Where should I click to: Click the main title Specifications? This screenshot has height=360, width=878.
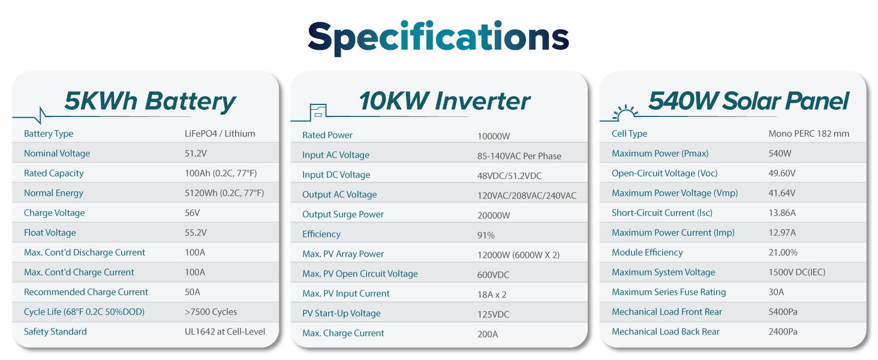[x=438, y=38]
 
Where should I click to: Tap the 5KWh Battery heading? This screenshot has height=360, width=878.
[x=150, y=101]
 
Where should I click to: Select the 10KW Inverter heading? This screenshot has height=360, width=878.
[x=444, y=101]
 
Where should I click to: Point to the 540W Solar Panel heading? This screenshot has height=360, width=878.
[x=748, y=101]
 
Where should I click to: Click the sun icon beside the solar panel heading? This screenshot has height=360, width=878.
[x=625, y=113]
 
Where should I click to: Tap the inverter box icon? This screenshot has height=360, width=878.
[x=318, y=112]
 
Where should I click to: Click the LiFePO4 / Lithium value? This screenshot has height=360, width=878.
[x=220, y=134]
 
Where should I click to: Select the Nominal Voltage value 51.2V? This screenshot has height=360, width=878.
[x=196, y=154]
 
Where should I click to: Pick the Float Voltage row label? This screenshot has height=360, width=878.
[x=50, y=233]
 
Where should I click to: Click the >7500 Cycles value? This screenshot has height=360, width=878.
[x=211, y=312]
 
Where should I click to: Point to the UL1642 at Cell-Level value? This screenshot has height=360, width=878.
[x=225, y=331]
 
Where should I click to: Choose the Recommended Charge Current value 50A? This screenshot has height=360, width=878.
[x=193, y=292]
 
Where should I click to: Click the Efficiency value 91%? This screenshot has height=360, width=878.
[x=486, y=235]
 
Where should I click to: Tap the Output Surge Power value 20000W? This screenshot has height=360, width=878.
[x=494, y=215]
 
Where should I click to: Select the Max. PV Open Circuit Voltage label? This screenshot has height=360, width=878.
[x=360, y=274]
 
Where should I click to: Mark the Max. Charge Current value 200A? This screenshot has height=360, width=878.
[x=488, y=334]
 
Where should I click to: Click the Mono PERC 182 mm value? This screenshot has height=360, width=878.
[x=808, y=134]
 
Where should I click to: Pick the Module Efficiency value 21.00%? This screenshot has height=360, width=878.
[x=783, y=253]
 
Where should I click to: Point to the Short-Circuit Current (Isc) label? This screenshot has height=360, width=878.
[x=662, y=213]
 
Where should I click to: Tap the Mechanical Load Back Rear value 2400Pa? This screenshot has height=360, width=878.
[x=783, y=332]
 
